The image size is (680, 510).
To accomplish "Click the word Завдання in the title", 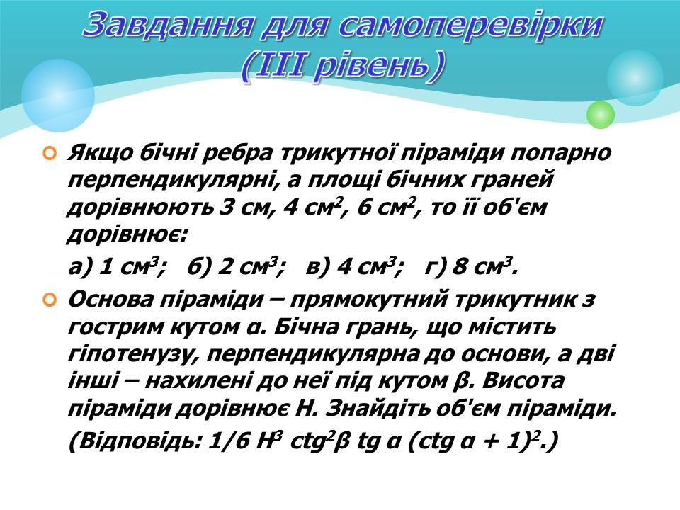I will point(167,25).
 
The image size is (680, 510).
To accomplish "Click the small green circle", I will point(601,114).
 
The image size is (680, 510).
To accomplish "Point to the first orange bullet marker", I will point(49,154).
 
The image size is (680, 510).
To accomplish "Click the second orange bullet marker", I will point(49,300).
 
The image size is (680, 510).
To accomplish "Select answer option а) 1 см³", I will point(118,268).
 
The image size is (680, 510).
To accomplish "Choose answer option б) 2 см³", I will point(237,268).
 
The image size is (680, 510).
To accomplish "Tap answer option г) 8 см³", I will point(471,268).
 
